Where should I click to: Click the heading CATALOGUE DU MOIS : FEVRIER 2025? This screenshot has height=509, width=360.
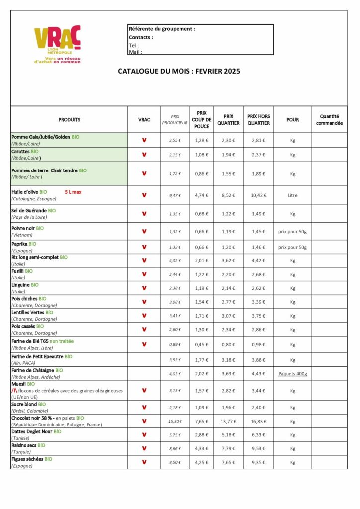179,71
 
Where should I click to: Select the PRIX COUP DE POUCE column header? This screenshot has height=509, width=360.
201,120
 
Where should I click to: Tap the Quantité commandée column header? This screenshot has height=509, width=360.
329,120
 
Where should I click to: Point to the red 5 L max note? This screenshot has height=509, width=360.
73,191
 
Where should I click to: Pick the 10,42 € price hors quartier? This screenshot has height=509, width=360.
258,195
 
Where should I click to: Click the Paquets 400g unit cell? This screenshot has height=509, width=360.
292,374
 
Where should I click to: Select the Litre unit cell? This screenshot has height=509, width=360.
292,195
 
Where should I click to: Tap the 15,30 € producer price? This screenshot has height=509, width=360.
175,421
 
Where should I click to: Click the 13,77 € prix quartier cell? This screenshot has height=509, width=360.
228,421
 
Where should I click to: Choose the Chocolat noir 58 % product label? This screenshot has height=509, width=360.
32,418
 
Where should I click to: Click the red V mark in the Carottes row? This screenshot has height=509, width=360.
144,155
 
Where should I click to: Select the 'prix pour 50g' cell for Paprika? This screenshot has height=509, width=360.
292,247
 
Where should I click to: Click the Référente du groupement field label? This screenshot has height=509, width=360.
162,29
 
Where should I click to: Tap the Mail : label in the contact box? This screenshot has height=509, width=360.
135,52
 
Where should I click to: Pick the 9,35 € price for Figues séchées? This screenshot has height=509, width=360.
258,462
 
